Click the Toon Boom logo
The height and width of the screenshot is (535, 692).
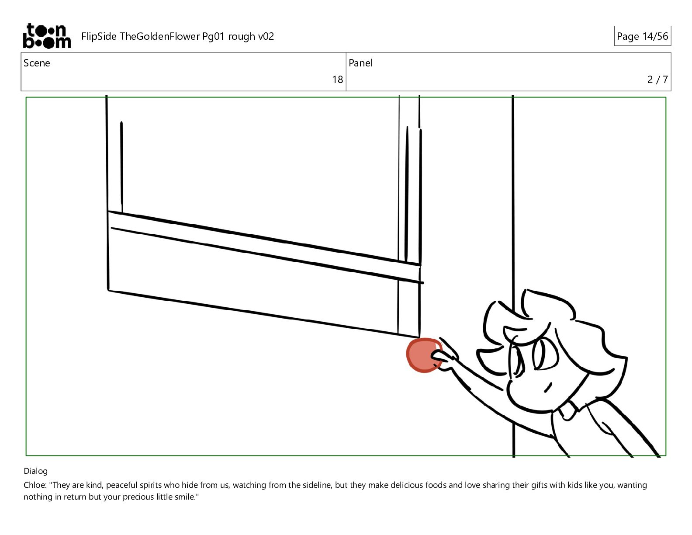(47, 36)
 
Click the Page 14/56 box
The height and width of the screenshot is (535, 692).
(642, 36)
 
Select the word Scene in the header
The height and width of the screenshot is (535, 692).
(37, 63)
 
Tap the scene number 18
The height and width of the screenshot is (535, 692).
(338, 80)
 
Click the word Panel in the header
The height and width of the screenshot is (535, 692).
(360, 63)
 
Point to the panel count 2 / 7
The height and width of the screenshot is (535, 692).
(657, 80)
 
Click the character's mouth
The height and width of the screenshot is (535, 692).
(548, 387)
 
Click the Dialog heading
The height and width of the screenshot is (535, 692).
(36, 471)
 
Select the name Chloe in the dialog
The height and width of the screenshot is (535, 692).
(35, 485)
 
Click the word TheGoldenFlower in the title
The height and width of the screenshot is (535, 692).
(159, 36)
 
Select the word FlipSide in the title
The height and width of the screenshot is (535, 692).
(99, 36)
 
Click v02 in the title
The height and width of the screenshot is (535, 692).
(266, 37)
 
